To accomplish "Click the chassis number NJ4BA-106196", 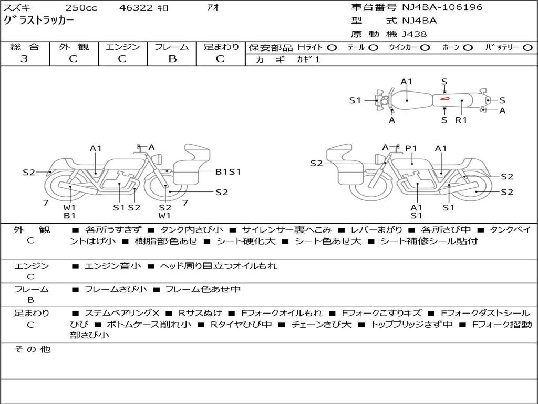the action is point(442,7).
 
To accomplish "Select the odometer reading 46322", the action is point(136,8).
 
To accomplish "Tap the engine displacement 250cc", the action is point(77,8).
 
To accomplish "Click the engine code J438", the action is point(415,34).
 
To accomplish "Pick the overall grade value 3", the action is point(24,59).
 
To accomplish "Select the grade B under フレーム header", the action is point(172,59).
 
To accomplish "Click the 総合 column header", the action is point(25,47).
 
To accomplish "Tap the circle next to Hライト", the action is point(332,48).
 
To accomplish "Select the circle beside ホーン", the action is point(468,48).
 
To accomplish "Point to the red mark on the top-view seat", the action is point(444,98).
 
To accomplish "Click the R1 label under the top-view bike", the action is point(461,120).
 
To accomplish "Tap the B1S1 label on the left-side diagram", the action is point(228,171).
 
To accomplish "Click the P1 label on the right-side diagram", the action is point(411,149).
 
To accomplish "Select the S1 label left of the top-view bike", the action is point(355,100).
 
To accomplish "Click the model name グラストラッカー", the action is point(39,21).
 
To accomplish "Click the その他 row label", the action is point(32,349).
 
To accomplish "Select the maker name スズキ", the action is point(17,8).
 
